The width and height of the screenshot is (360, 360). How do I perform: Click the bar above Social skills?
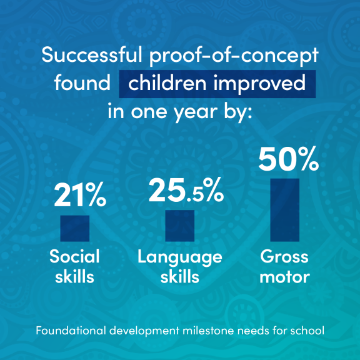[75, 228]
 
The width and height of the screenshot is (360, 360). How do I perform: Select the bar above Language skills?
[180, 226]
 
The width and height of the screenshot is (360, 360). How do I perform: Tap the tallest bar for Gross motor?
[285, 210]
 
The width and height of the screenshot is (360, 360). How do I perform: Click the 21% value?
[80, 195]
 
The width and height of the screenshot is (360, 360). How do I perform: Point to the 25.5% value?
[186, 190]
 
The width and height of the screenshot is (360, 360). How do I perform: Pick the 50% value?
[289, 159]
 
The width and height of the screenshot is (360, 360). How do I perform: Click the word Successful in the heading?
[92, 55]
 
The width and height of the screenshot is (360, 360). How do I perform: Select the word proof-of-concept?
[234, 56]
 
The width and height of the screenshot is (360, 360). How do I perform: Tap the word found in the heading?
[82, 82]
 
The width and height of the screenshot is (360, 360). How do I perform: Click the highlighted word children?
[167, 82]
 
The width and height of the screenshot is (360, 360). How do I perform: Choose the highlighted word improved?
[259, 84]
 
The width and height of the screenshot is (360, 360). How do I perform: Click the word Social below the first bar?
[74, 256]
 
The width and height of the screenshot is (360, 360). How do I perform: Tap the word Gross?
[284, 256]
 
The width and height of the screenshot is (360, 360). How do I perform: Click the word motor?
[285, 277]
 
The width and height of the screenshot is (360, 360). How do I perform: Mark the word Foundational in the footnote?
[71, 331]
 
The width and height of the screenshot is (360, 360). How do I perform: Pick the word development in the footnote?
[144, 331]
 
